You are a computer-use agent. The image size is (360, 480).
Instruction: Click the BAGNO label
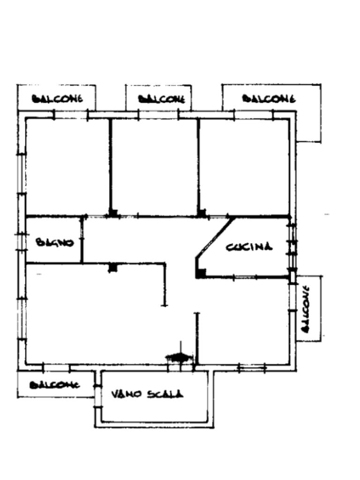pos(55,243)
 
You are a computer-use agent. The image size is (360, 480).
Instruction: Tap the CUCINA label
pos(249,247)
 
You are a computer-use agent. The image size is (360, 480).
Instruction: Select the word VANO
pos(126,394)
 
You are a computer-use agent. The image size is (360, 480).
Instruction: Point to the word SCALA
pos(165,394)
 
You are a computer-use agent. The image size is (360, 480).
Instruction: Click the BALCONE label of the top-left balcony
pos(57,99)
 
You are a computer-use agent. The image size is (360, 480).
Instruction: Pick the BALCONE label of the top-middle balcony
pos(162,99)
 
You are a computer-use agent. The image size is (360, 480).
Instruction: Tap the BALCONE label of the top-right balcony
pos(269,98)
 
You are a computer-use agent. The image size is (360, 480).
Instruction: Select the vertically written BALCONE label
pos(306,308)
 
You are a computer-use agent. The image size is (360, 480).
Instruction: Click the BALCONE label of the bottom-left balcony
pos(55,385)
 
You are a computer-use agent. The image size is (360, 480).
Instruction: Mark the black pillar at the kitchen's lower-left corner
pos(201,273)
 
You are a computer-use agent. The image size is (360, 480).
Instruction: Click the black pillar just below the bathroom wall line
pos(112,268)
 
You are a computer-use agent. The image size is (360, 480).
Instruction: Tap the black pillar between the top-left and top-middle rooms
pos(113,213)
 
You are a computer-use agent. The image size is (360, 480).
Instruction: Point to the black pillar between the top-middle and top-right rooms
pos(202,213)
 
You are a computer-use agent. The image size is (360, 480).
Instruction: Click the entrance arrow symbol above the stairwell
pos(179,357)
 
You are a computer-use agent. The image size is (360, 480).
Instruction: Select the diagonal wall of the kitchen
pos(215,237)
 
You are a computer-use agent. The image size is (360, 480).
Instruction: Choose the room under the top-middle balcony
pos(154,166)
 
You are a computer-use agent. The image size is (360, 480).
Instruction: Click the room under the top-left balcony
pos(67,166)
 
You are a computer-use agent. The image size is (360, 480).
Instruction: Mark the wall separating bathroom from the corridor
pos(82,239)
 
